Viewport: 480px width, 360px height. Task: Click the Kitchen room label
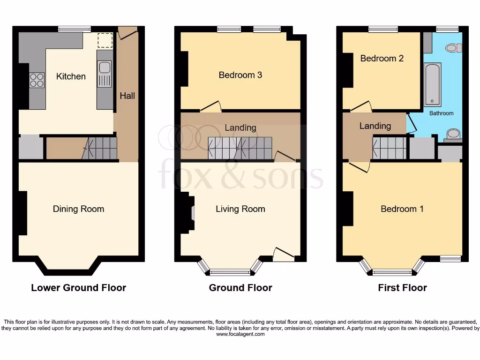tap(71, 76)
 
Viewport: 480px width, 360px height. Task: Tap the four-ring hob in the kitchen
tap(37, 80)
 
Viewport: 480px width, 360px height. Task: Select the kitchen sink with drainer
tap(104, 74)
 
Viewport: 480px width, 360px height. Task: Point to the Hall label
tap(127, 96)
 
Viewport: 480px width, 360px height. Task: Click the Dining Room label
tap(78, 209)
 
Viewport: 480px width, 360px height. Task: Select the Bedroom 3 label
tap(240, 75)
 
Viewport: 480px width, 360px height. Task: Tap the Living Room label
tap(240, 209)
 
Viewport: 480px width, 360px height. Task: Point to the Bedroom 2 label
tap(382, 59)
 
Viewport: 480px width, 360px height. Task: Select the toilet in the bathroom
tap(453, 47)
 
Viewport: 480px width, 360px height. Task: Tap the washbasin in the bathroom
tap(453, 135)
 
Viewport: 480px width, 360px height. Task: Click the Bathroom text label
tap(441, 113)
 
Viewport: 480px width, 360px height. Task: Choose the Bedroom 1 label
tap(402, 209)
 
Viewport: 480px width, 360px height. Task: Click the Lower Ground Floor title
tap(78, 288)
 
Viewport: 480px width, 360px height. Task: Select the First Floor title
tap(402, 288)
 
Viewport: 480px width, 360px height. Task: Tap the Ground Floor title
tap(240, 288)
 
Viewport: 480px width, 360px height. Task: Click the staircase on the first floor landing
tap(389, 148)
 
